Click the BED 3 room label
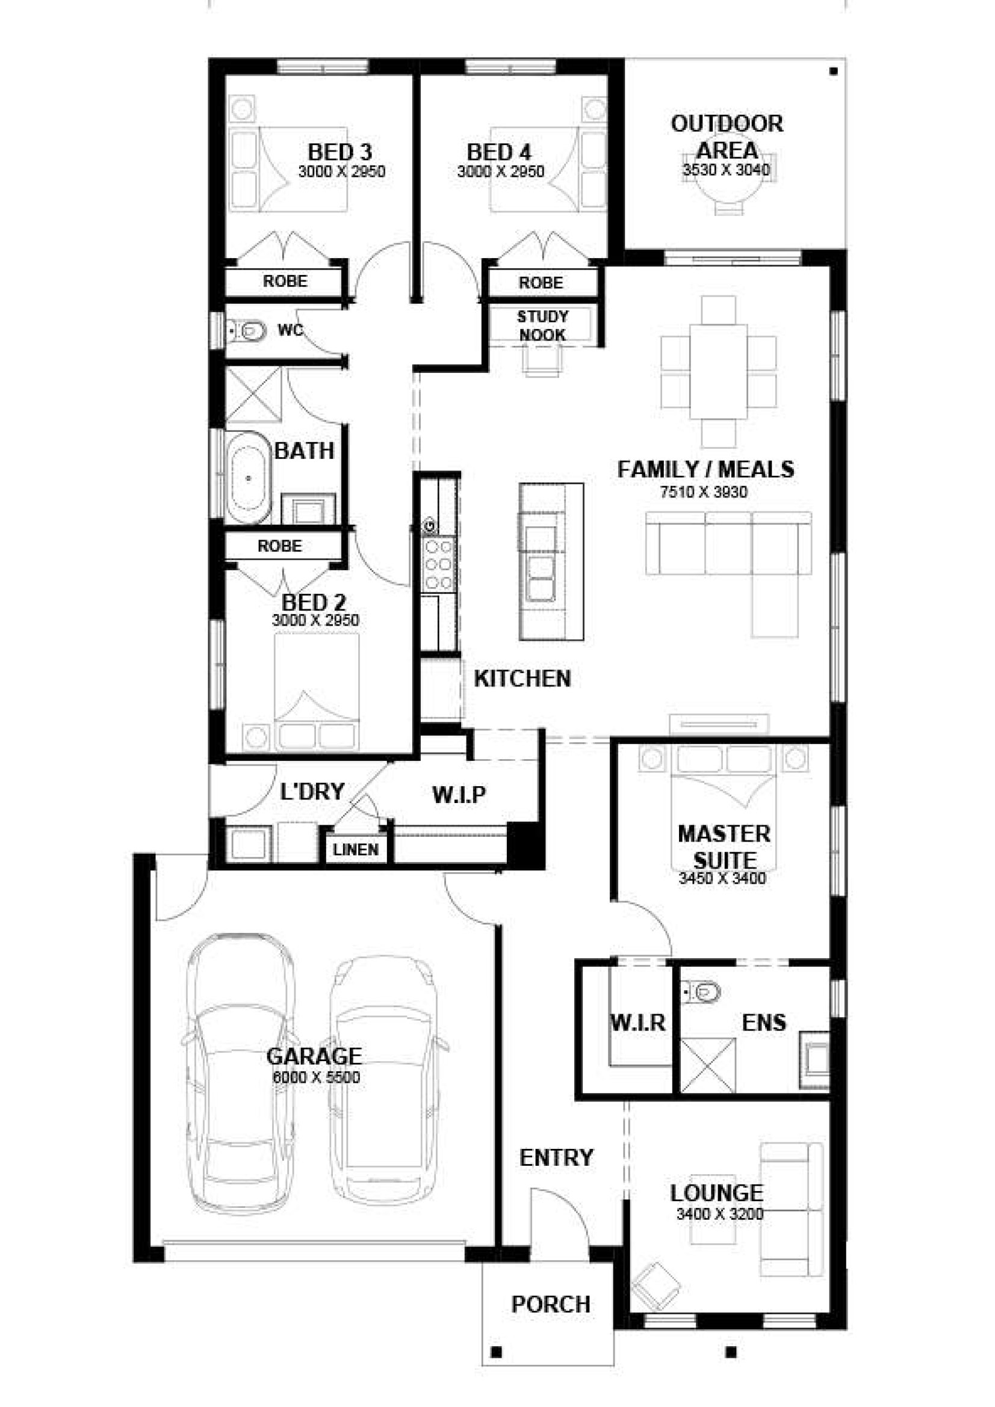[x=339, y=152]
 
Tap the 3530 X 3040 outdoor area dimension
[x=726, y=170]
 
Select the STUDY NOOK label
[x=542, y=326]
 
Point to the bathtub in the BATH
[x=248, y=478]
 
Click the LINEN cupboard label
[x=356, y=849]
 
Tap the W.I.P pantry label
[x=459, y=795]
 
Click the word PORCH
[x=551, y=1305]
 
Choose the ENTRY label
[x=556, y=1157]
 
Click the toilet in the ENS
[x=701, y=991]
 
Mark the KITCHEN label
[x=522, y=679]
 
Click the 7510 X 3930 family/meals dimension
[x=704, y=491]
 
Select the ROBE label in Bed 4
[x=541, y=283]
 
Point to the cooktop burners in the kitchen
[x=439, y=564]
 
